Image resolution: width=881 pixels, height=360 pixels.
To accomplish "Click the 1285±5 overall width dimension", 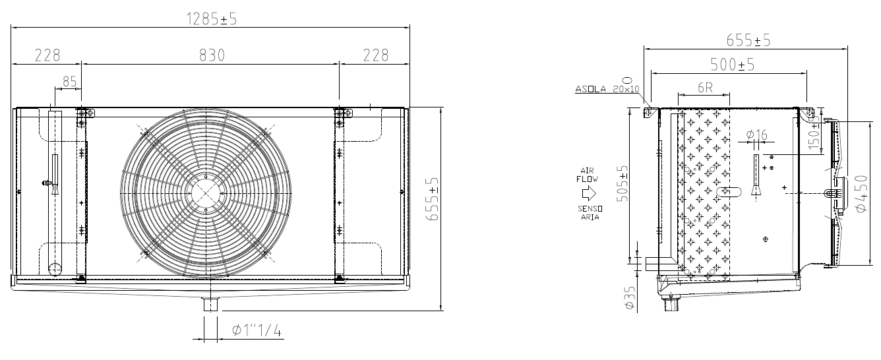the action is pos(212,19).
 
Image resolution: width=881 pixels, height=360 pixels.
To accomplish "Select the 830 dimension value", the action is pos(212,55).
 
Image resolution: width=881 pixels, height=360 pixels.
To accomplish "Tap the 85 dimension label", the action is pos(70,82).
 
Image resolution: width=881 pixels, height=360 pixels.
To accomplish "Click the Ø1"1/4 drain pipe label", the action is pos(257,330).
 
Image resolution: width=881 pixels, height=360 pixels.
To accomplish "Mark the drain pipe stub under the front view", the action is pos(210,305).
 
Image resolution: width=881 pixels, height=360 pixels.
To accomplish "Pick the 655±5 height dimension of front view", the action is pos(433,198).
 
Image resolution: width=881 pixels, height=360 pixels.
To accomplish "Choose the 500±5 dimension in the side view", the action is pos(733,65).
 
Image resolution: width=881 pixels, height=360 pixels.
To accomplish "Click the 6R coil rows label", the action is pos(705,87).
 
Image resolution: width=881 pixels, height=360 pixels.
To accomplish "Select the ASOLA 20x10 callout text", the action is pos(607,89).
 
